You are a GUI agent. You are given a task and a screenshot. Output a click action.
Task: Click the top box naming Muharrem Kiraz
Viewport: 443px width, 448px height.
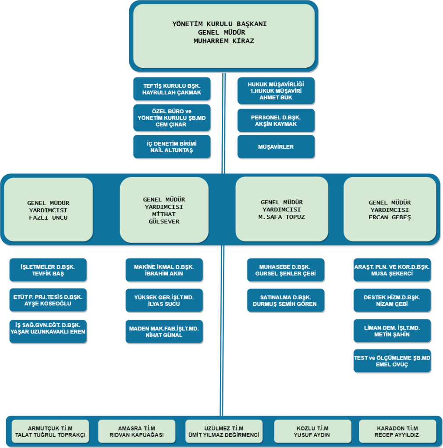(x=224, y=35)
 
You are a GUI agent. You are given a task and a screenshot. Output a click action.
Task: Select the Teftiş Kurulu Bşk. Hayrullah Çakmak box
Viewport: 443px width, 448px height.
(x=172, y=89)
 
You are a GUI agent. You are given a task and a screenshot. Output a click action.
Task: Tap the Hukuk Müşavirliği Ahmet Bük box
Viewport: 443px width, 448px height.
(x=276, y=91)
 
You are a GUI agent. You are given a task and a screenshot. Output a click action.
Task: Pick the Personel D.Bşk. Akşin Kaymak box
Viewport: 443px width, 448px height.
(x=276, y=121)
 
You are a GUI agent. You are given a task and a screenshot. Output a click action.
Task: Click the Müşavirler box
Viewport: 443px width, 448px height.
(x=276, y=147)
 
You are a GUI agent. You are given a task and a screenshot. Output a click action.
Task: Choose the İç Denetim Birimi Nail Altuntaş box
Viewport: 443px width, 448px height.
(x=172, y=147)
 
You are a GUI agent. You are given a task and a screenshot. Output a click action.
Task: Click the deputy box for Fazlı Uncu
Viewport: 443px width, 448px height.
(x=48, y=210)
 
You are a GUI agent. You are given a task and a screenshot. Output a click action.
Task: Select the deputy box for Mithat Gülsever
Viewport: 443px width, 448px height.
(x=164, y=210)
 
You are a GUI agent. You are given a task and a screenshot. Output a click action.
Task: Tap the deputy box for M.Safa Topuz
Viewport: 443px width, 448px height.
(x=281, y=210)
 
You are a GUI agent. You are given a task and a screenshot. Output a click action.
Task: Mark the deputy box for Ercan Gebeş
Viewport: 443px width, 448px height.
(x=390, y=210)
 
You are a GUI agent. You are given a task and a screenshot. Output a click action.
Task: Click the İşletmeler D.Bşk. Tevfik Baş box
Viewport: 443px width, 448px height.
(x=48, y=270)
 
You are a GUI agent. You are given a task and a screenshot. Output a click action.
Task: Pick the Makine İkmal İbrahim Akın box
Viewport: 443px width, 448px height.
(x=164, y=270)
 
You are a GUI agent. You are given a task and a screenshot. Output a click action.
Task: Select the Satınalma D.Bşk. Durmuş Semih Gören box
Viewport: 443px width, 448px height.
(x=286, y=300)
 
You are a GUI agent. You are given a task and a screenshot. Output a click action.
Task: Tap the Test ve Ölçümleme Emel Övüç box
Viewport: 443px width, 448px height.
(x=392, y=361)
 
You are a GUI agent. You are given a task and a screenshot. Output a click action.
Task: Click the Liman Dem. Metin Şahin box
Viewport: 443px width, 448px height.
(x=392, y=331)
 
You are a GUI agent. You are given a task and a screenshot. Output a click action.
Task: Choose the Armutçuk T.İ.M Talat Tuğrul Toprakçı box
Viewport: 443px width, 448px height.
(x=50, y=431)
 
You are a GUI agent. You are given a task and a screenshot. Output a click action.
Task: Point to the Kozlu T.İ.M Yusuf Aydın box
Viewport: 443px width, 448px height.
(x=312, y=431)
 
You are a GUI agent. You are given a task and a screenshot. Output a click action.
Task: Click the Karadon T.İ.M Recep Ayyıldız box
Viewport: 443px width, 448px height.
(x=397, y=431)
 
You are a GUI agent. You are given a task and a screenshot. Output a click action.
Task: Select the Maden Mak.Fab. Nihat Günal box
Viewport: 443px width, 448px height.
(x=164, y=332)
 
